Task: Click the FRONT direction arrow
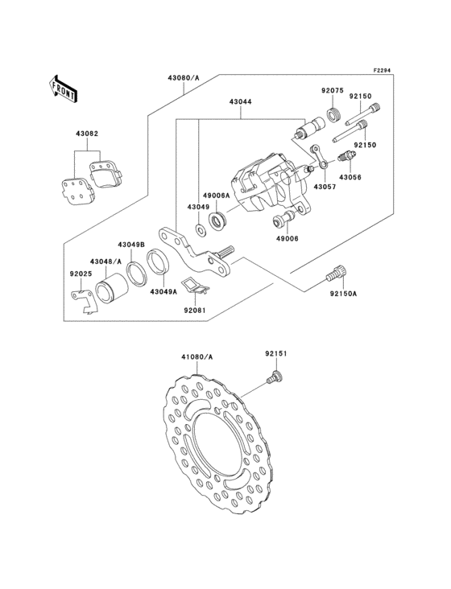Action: point(63,89)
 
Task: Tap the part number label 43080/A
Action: point(184,78)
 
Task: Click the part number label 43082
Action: point(87,134)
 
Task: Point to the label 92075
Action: point(333,90)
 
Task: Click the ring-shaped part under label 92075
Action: point(333,113)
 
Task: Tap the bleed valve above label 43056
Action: point(345,156)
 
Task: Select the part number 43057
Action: point(325,187)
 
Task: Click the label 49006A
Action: point(216,196)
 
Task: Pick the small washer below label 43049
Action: point(201,229)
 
